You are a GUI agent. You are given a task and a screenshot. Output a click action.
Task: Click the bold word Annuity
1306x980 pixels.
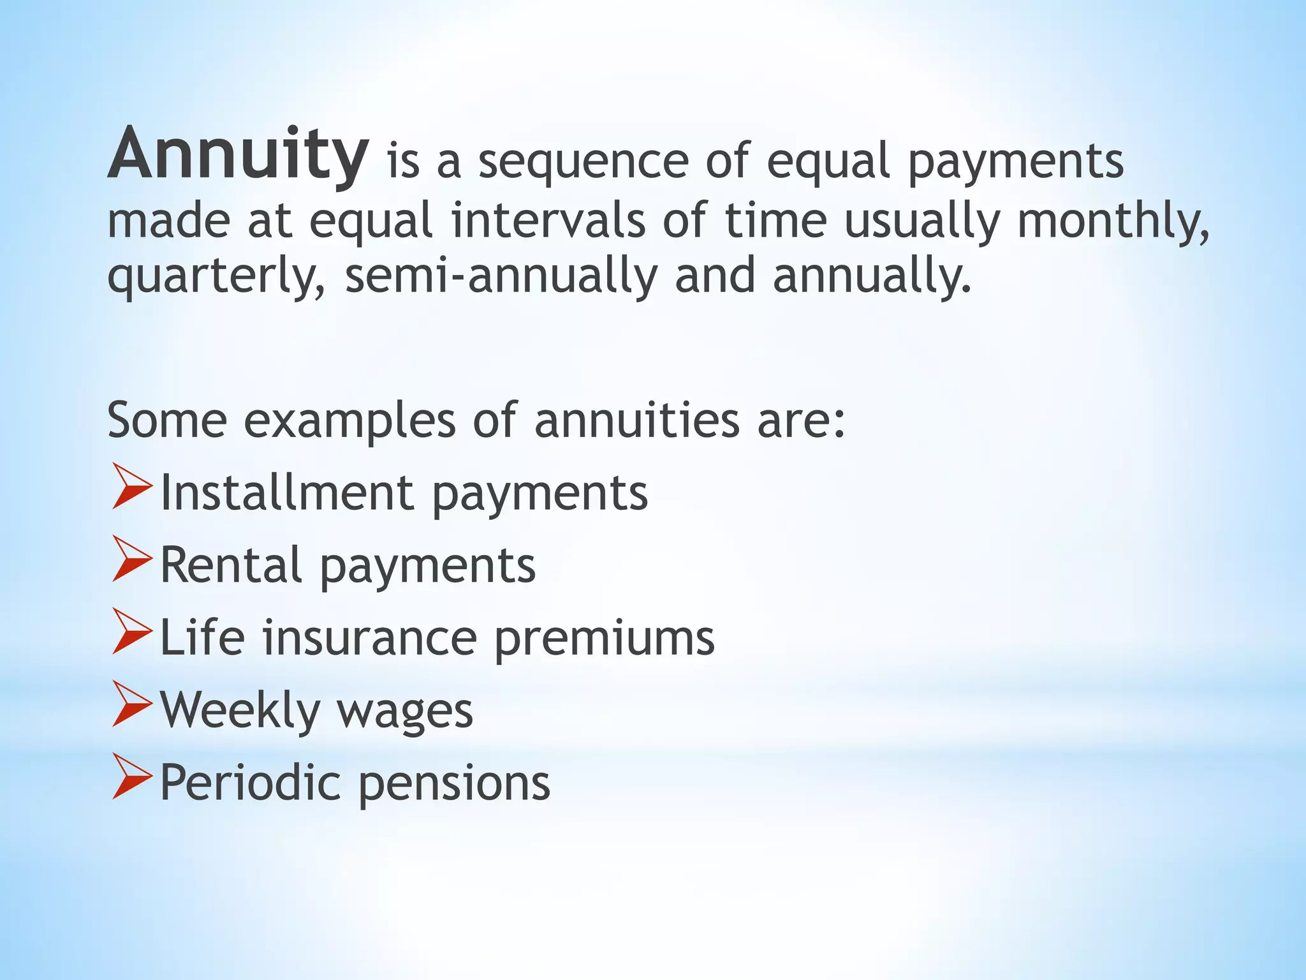(x=237, y=155)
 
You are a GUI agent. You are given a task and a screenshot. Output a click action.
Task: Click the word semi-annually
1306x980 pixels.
(x=501, y=276)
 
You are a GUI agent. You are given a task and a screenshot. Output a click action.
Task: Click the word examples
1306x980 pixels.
(x=349, y=421)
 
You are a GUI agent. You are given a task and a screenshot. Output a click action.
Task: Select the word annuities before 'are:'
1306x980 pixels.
(x=636, y=421)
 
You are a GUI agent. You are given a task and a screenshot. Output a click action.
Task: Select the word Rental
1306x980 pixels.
(x=230, y=565)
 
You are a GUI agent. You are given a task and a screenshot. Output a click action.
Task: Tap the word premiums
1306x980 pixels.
(x=604, y=638)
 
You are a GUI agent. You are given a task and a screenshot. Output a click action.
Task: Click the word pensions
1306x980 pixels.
(x=453, y=783)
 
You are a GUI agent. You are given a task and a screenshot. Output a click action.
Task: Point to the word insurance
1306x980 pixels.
(x=369, y=638)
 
